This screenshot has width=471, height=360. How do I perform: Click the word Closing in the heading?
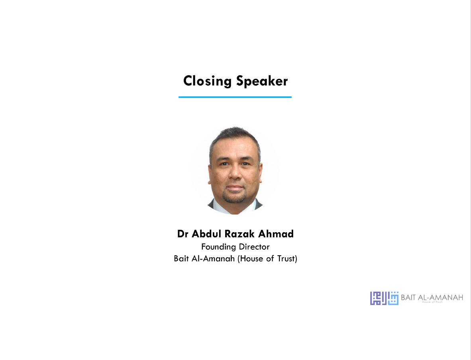coord(207,81)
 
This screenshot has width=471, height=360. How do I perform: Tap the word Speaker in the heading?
coord(262,81)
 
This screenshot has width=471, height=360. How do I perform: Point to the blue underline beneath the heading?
coord(235,97)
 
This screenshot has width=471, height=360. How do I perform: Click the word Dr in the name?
coord(183,234)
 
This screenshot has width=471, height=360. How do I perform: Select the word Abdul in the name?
coord(206,234)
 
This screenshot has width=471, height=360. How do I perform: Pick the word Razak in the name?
coord(240,234)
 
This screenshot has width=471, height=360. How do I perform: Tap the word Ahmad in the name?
coord(276,234)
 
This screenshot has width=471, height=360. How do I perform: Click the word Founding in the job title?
coord(218,247)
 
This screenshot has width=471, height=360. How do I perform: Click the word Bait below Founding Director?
coord(181,258)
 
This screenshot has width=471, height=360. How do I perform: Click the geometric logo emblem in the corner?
coord(384,298)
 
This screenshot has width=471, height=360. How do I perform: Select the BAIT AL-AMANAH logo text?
coord(432,297)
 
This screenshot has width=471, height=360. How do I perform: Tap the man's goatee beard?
coord(235,197)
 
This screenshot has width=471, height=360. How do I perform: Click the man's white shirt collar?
coord(235,207)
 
